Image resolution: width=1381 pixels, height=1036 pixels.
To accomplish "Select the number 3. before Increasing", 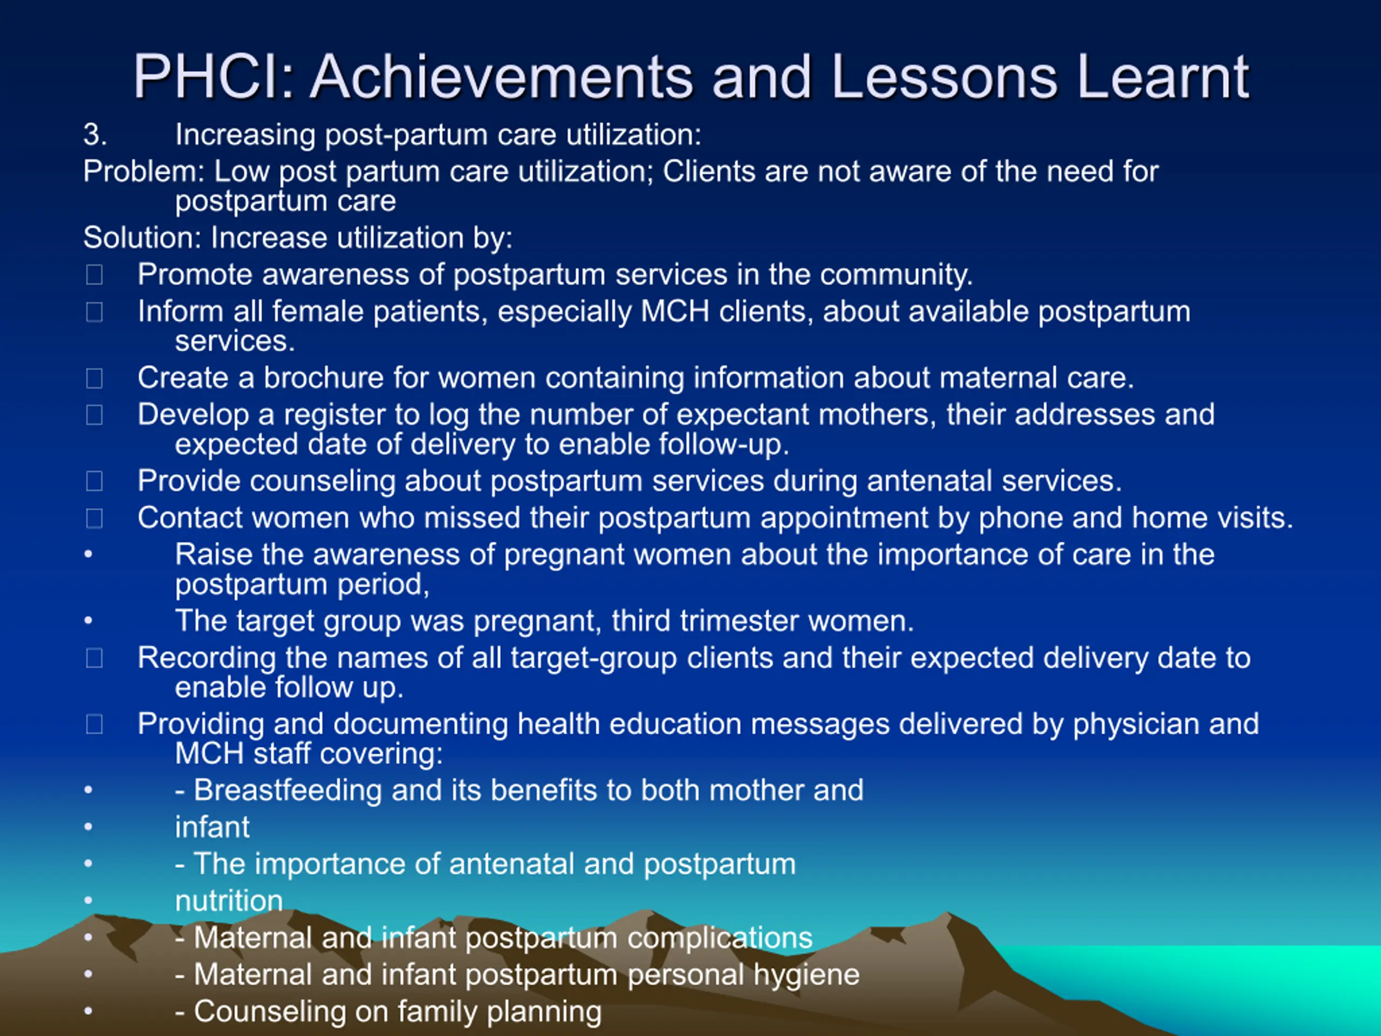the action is click(x=95, y=135).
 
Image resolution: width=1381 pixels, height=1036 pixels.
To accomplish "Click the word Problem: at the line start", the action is click(x=143, y=171).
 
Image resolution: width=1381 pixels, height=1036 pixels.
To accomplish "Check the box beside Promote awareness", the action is click(x=94, y=275).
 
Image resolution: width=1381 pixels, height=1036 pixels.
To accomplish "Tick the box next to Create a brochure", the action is click(x=94, y=378).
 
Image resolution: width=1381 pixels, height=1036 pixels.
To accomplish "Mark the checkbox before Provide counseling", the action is click(x=94, y=481).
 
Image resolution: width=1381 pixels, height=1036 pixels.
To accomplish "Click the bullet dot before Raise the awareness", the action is click(x=88, y=555).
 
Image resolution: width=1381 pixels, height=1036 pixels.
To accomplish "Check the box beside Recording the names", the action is click(x=94, y=658).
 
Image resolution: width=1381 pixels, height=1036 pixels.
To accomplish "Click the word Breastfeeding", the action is click(x=287, y=790).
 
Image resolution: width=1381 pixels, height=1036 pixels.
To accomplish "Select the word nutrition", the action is click(x=229, y=901).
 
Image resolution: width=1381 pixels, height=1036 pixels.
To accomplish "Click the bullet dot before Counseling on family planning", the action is click(x=88, y=1012).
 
